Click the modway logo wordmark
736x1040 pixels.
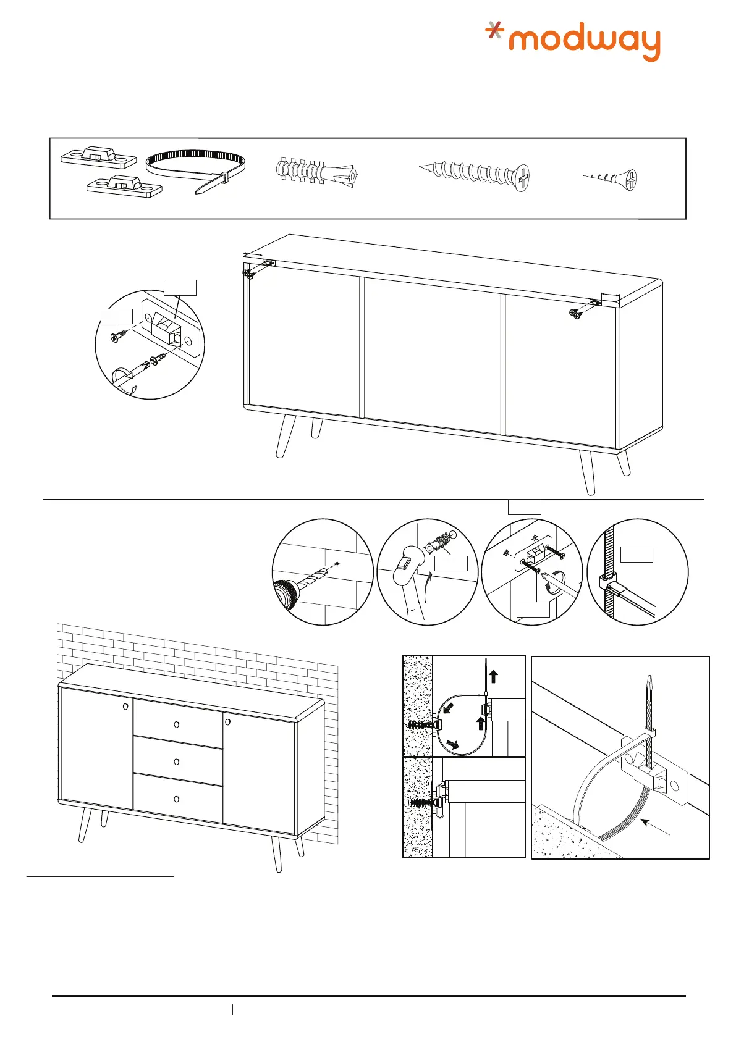pyautogui.click(x=584, y=42)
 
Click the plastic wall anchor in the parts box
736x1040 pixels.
pyautogui.click(x=316, y=171)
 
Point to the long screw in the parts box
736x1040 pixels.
pyautogui.click(x=476, y=174)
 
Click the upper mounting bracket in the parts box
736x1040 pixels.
pyautogui.click(x=99, y=157)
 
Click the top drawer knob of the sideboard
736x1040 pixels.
pyautogui.click(x=176, y=724)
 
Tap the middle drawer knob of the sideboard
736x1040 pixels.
pyautogui.click(x=176, y=761)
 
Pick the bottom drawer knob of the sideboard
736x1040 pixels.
pyautogui.click(x=176, y=799)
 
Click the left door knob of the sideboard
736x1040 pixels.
pyautogui.click(x=125, y=706)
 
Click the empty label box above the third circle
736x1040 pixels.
pyautogui.click(x=524, y=507)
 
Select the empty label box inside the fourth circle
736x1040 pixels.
pyautogui.click(x=637, y=554)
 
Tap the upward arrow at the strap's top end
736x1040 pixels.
pyautogui.click(x=493, y=674)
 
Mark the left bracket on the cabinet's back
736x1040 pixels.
pyautogui.click(x=268, y=262)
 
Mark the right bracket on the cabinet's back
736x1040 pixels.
pyautogui.click(x=595, y=303)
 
